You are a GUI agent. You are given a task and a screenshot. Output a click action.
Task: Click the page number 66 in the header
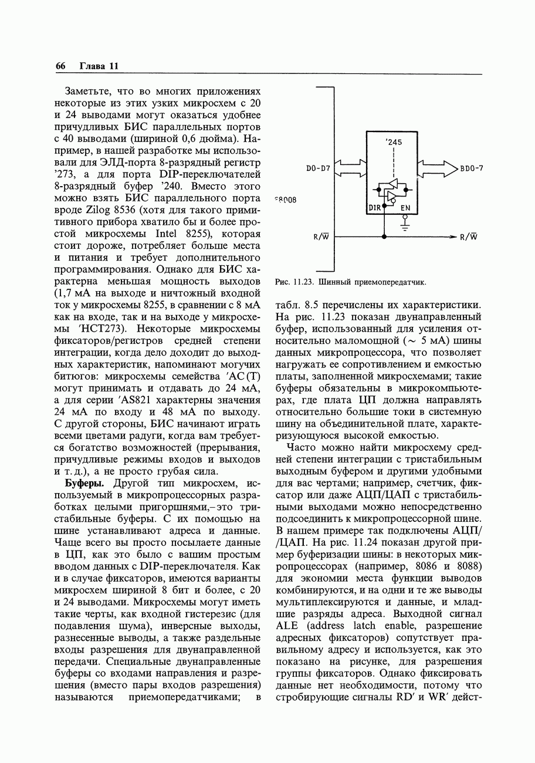pos(60,66)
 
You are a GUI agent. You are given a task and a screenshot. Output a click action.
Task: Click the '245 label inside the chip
pos(394,142)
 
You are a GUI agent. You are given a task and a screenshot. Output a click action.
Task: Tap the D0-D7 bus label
pos(319,169)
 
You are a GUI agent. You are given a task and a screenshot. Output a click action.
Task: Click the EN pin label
pos(405,208)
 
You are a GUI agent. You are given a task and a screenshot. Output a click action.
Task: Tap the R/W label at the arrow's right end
pos(469,237)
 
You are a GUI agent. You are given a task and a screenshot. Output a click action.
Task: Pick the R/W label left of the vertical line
pos(320,237)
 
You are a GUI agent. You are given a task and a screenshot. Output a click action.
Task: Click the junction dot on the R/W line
pos(384,237)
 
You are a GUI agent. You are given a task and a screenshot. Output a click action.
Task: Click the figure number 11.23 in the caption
pos(304,282)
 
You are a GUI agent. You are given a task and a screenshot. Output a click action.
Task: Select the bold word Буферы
pos(84,483)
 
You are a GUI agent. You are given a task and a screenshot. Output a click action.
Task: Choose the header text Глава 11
pos(99,66)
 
